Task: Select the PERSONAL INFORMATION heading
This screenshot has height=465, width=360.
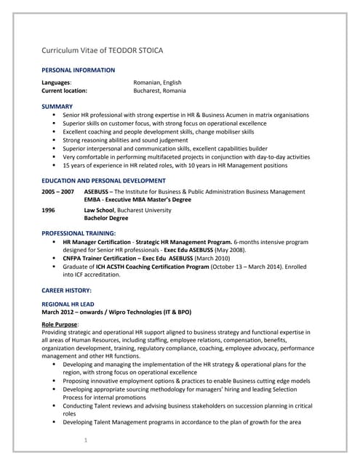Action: point(78,70)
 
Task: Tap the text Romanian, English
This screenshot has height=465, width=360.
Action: point(157,83)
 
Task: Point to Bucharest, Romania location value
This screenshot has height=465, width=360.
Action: point(159,91)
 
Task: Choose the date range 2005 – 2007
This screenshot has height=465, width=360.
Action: point(57,192)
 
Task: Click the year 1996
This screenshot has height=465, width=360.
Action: point(48,210)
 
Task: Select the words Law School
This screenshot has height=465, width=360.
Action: point(100,210)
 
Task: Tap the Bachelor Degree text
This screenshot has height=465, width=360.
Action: point(106,218)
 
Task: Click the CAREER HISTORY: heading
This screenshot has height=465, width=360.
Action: point(65,290)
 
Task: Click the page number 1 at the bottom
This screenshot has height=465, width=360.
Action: point(86,440)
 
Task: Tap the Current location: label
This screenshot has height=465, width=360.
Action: point(64,91)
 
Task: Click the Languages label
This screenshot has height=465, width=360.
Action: point(56,83)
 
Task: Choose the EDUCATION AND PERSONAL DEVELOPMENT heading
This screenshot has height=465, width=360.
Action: point(103,180)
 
